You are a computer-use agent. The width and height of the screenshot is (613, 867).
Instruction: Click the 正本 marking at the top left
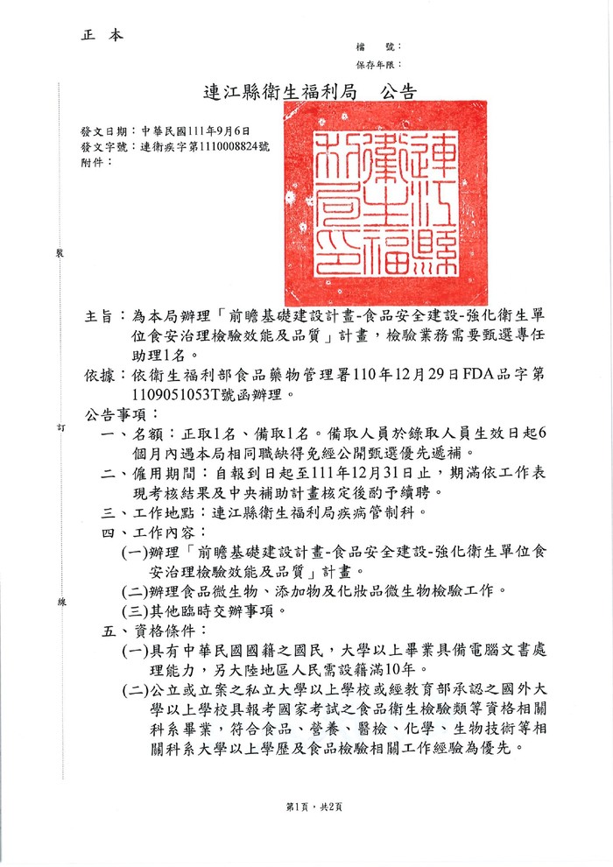(102, 36)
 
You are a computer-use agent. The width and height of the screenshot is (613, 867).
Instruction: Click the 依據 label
(101, 376)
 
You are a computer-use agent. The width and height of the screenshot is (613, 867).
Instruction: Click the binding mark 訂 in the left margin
(60, 426)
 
